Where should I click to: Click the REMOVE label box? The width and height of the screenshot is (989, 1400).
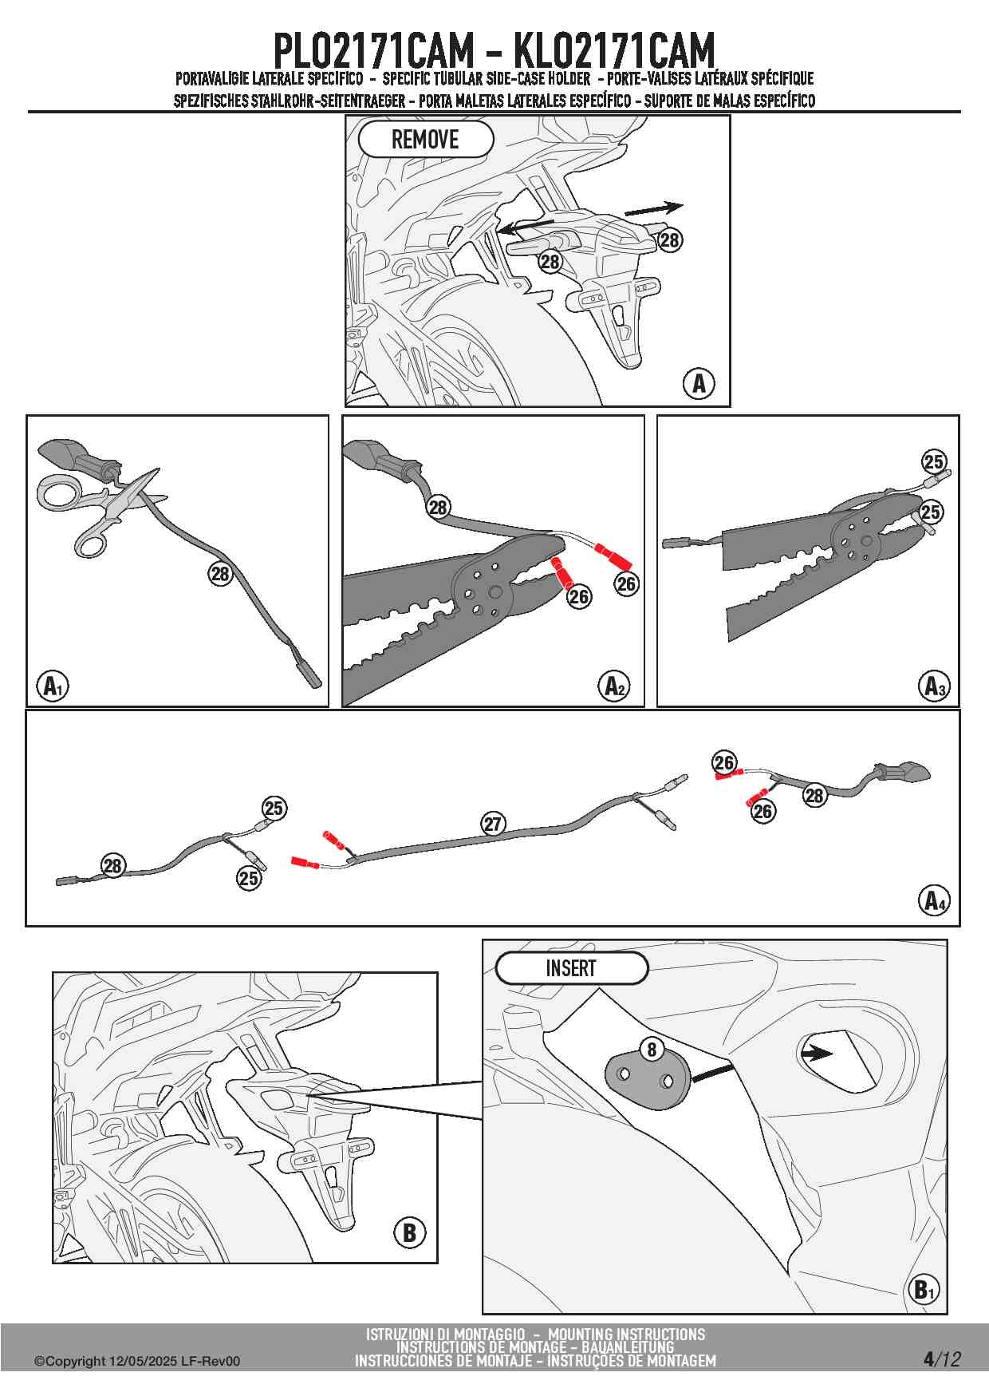pos(425,140)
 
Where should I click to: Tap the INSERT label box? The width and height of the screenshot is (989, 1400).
pos(571,968)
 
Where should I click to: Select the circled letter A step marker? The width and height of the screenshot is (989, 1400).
pos(699,384)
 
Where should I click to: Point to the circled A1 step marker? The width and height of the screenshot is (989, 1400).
pos(53,686)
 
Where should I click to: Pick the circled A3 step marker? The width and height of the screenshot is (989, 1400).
pos(934,686)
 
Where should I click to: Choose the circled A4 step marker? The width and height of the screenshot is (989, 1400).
pos(934,900)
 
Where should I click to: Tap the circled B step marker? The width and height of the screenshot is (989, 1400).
pos(409,1233)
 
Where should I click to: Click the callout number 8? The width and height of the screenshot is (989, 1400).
pos(652,1050)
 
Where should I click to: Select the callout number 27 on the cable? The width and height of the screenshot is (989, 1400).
pos(493,824)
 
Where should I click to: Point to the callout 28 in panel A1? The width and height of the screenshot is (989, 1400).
pos(219,573)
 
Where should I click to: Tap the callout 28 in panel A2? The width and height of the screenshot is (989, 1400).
pos(438,507)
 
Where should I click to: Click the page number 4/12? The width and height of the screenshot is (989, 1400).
pos(941,1359)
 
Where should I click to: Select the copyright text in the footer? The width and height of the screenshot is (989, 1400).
pos(136,1362)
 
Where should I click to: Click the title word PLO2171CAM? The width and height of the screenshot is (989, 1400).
pos(373,52)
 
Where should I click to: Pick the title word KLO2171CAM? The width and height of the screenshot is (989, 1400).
pos(614,52)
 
